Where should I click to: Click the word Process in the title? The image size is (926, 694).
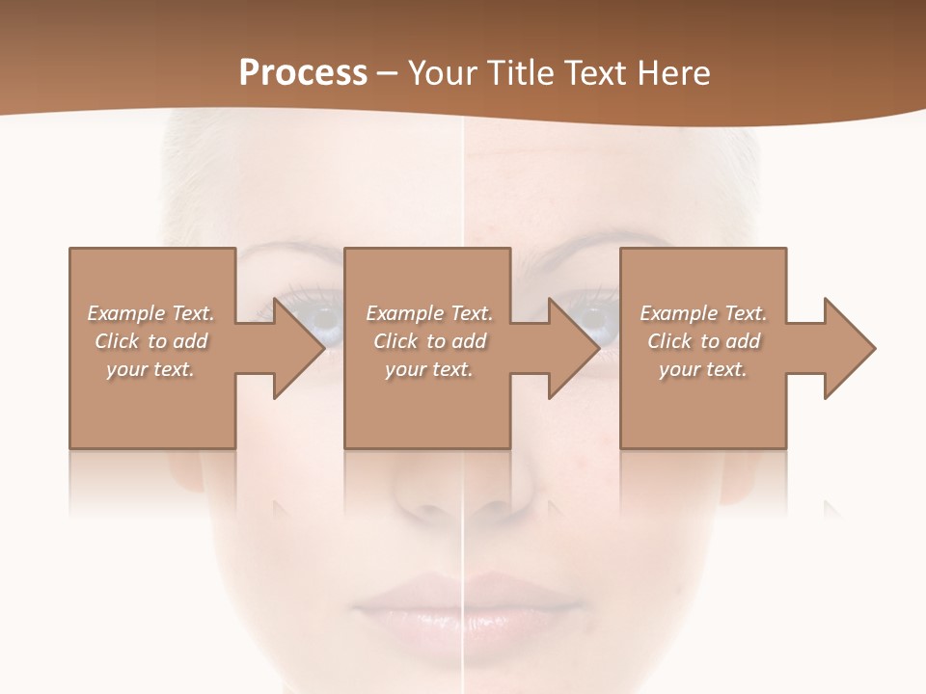click(303, 73)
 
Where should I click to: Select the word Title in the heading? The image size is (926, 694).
click(517, 73)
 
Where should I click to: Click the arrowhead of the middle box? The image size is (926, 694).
click(573, 348)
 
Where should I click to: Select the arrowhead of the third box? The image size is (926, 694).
click(848, 348)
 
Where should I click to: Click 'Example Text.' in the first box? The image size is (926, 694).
click(151, 313)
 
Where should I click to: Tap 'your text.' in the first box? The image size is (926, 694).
click(151, 369)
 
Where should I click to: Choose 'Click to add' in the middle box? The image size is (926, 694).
click(429, 341)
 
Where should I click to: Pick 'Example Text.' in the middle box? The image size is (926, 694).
click(429, 313)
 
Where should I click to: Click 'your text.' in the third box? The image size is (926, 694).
click(703, 369)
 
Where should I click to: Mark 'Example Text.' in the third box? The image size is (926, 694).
click(703, 313)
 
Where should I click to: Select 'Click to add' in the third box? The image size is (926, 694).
click(703, 341)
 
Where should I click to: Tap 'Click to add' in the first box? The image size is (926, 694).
click(151, 341)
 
